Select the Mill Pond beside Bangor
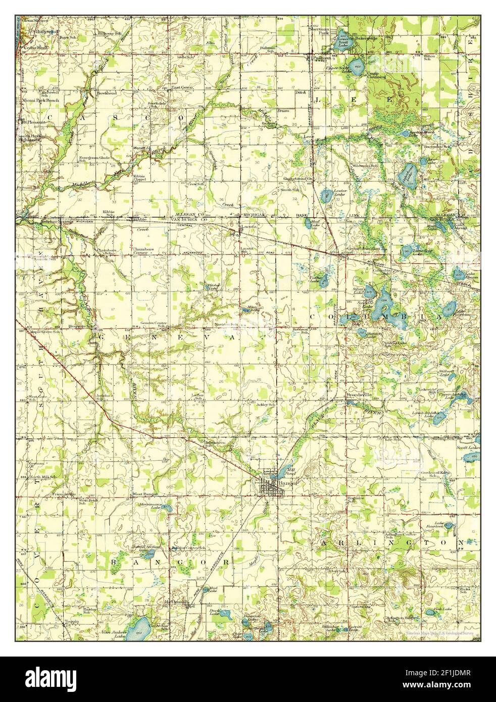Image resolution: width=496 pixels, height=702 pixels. pos(275,475)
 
